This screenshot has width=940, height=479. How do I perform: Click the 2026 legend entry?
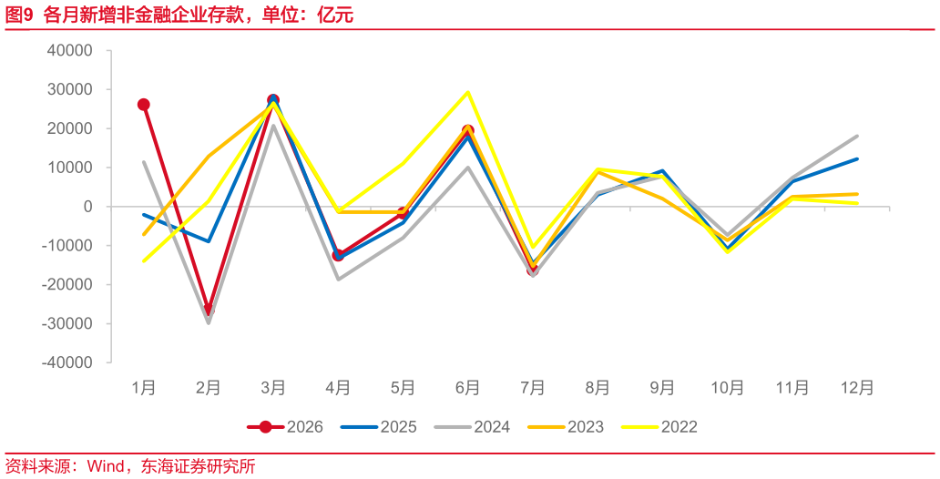[285, 427]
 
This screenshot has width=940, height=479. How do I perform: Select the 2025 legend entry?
[378, 427]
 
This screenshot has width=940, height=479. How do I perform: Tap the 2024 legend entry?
[473, 427]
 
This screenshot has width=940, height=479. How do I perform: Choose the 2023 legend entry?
[566, 427]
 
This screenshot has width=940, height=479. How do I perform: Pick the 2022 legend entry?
[659, 427]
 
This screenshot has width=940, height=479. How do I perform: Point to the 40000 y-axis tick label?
[69, 50]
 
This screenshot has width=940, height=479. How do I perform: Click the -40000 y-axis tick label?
[66, 362]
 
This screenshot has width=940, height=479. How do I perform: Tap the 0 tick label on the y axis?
[87, 206]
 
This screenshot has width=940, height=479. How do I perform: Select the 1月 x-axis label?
[144, 388]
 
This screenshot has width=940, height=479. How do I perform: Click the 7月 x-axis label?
[532, 388]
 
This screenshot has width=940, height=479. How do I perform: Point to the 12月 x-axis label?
[857, 388]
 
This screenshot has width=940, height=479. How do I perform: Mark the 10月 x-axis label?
[727, 388]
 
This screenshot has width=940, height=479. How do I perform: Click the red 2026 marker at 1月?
[144, 105]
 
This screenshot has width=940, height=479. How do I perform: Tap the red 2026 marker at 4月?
[338, 255]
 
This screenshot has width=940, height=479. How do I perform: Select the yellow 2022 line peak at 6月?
[467, 92]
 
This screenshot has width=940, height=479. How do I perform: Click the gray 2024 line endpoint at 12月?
[857, 136]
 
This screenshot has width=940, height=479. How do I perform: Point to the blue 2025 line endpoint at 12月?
[857, 158]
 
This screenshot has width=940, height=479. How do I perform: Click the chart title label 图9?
[18, 15]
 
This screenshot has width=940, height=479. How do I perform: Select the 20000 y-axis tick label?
[69, 128]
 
